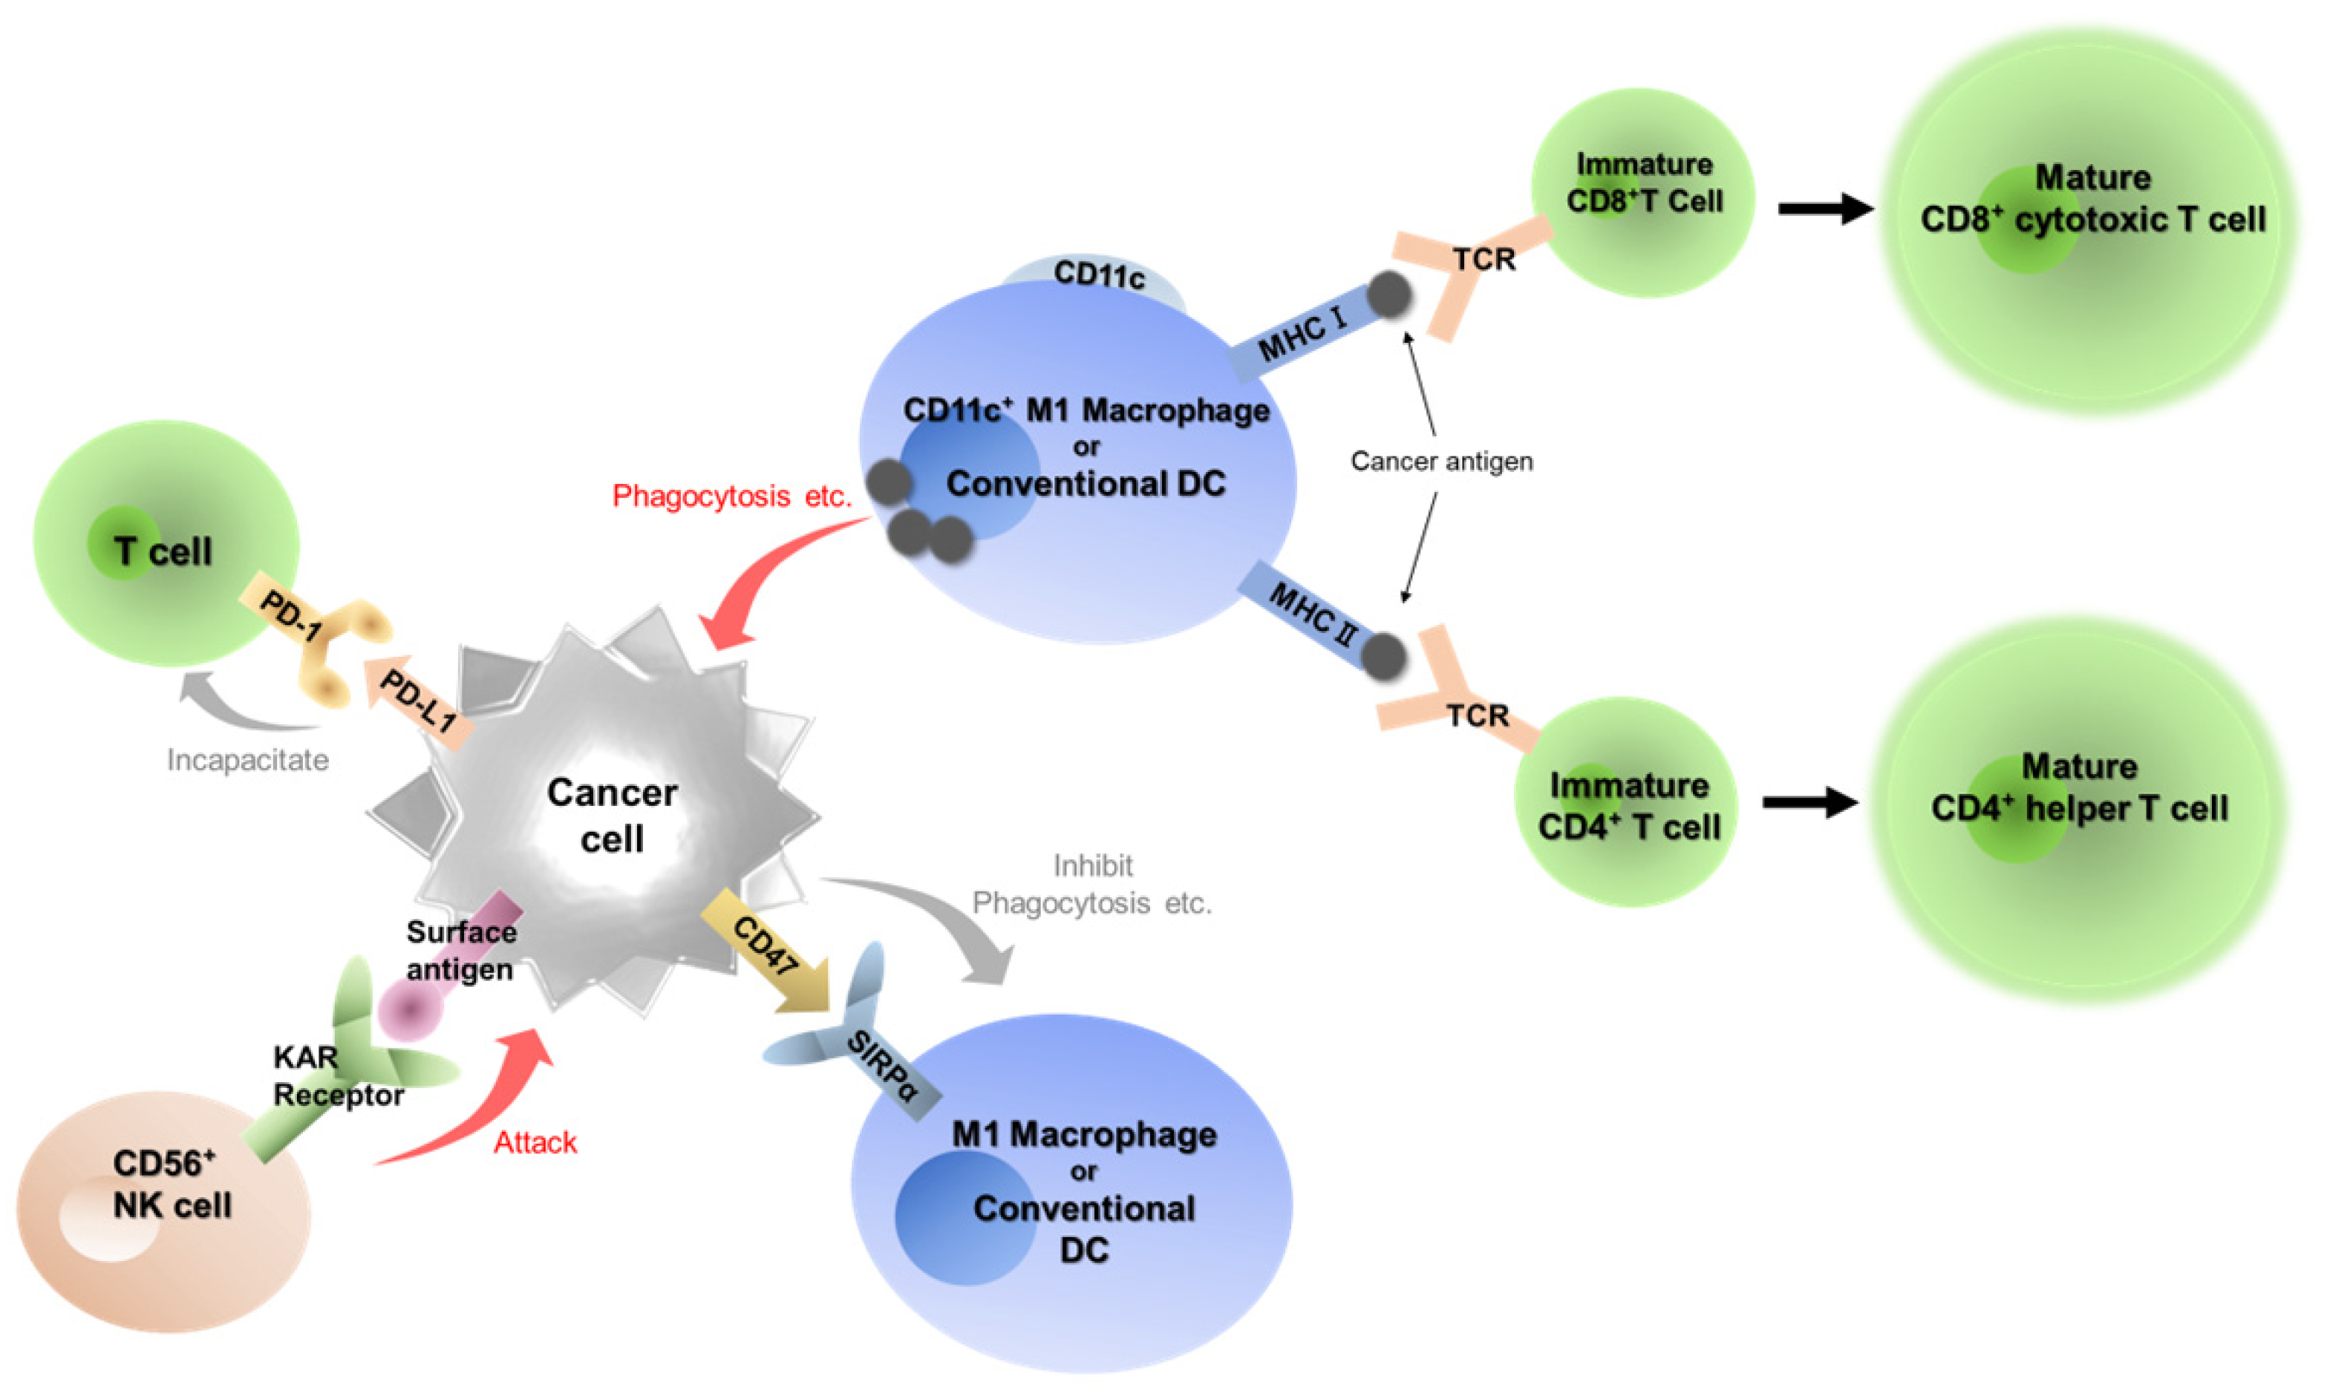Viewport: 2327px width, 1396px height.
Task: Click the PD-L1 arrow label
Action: pos(417,703)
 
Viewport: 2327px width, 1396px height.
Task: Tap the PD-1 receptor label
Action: pos(290,617)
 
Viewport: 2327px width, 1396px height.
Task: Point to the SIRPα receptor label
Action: pos(881,1066)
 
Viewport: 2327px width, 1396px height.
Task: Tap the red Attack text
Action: pos(535,1142)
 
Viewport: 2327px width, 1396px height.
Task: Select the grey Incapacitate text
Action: pos(247,759)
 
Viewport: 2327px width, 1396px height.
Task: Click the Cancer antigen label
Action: pos(1440,461)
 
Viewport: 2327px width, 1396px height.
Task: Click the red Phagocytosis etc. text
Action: pos(731,496)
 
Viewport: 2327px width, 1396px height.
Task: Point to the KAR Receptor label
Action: pos(337,1076)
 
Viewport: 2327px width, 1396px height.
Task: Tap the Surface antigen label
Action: pos(460,950)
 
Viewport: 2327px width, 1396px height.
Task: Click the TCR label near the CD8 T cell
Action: pos(1484,259)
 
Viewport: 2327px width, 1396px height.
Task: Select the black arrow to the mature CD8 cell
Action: pos(1824,209)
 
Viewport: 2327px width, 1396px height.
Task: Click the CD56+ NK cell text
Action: pos(172,1184)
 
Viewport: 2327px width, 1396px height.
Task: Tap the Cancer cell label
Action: pos(612,815)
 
